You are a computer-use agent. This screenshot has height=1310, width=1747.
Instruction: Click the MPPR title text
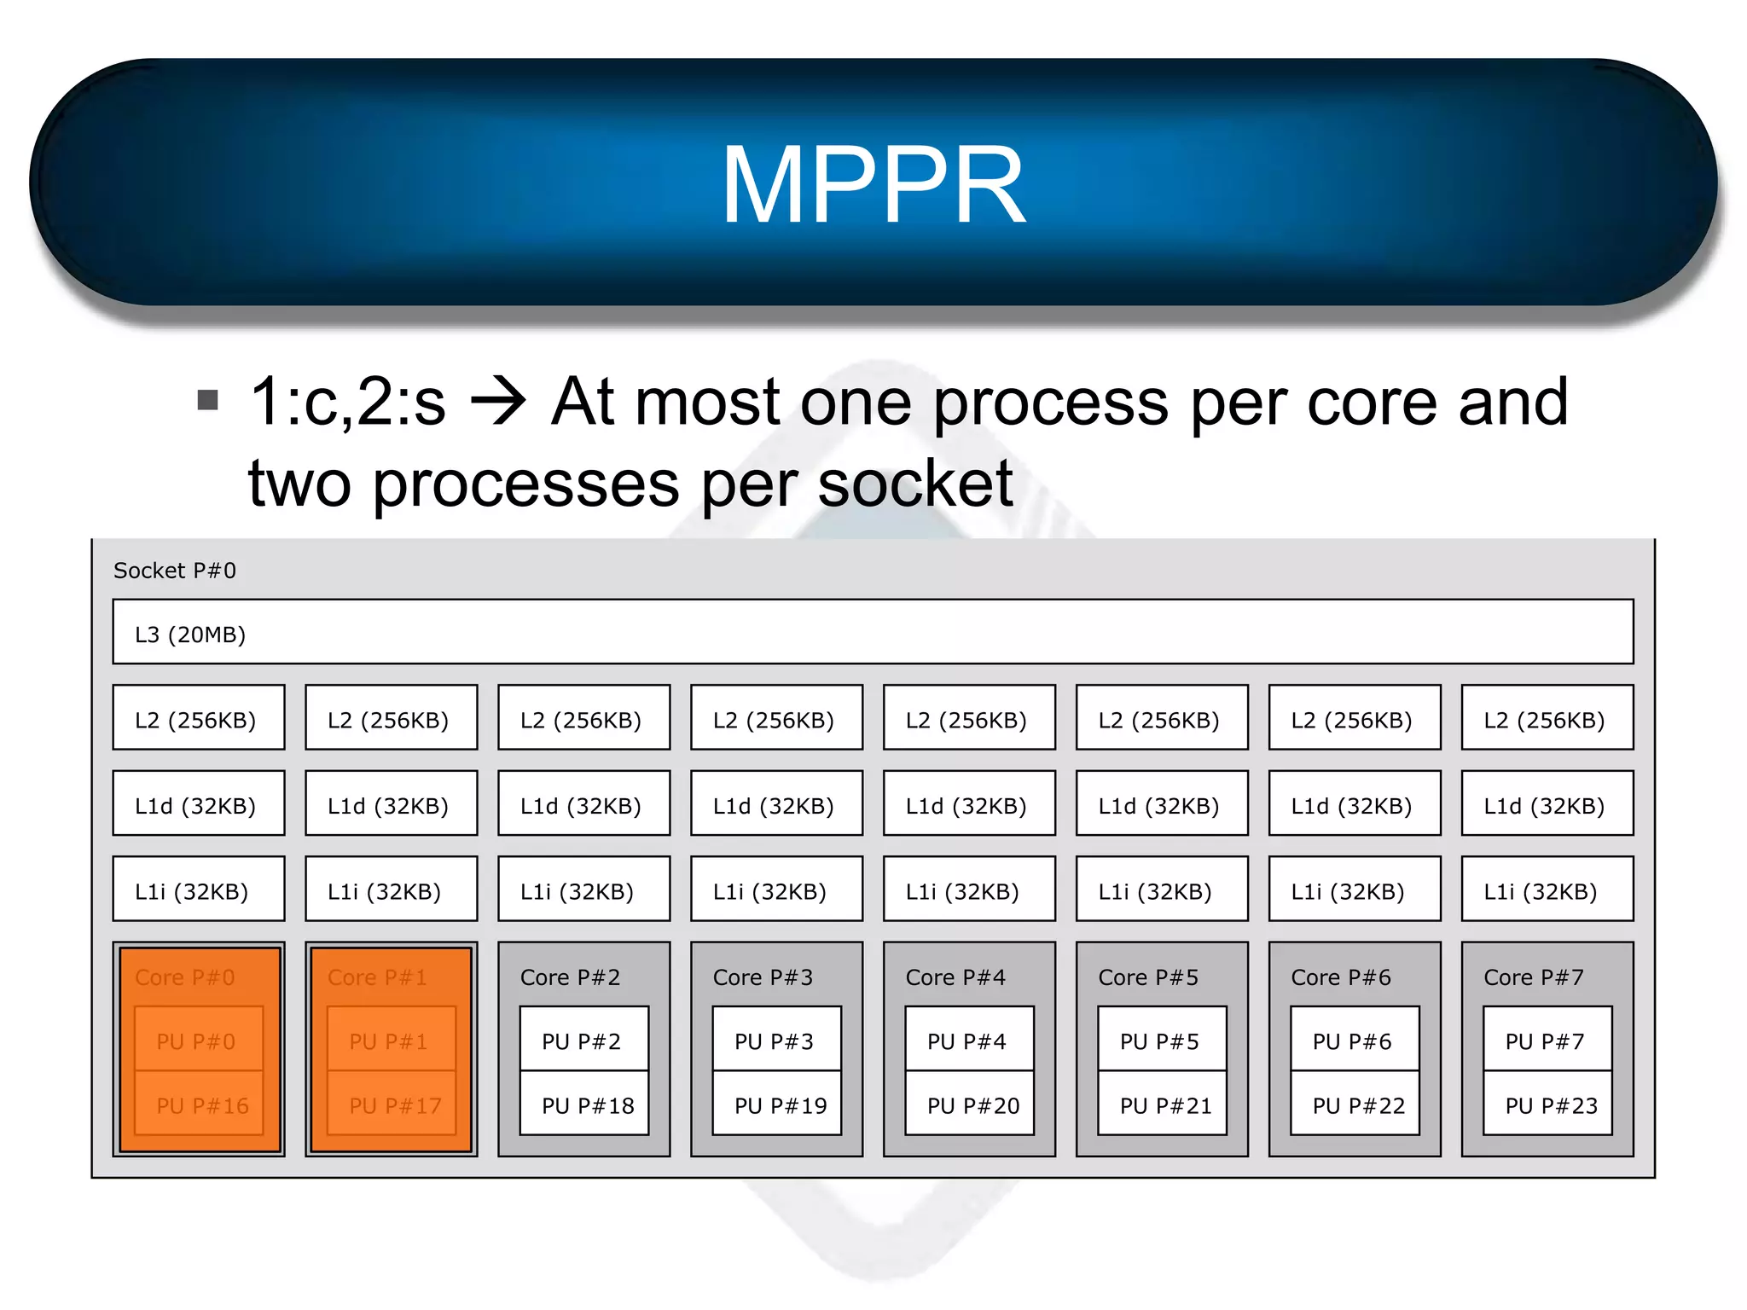pos(873,185)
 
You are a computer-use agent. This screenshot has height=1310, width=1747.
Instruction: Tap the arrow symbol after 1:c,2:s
pos(499,402)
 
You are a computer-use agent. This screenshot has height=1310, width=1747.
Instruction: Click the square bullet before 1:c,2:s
pos(207,399)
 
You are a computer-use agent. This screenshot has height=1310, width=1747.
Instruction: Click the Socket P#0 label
pos(175,571)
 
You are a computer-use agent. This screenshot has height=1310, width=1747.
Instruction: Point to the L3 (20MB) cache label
pos(190,635)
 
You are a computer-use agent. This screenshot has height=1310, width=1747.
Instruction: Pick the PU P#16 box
pos(200,1104)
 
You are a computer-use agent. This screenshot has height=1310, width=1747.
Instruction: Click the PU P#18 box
pos(585,1104)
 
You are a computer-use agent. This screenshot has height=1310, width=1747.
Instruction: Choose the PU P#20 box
pos(970,1104)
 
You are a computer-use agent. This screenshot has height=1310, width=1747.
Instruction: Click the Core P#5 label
pos(1148,977)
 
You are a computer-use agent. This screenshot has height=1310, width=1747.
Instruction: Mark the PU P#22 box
pos(1355,1104)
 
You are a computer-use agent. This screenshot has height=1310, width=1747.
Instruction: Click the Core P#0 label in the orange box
pos(185,977)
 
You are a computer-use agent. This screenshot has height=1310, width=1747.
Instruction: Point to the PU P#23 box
pos(1547,1104)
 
